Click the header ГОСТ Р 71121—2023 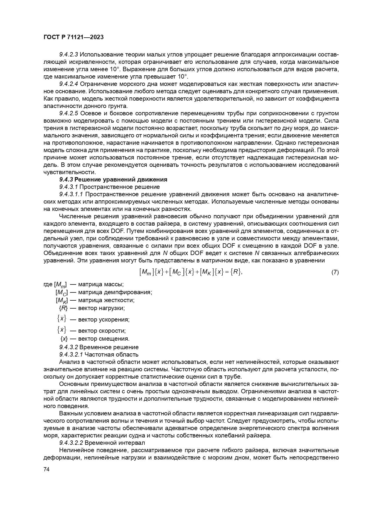74,37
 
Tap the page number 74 46,469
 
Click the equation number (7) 335,272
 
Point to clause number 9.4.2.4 68,84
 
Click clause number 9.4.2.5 68,113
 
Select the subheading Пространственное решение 119,187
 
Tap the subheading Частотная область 111,354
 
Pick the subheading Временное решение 109,347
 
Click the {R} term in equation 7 235,272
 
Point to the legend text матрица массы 101,284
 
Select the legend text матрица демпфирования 115,292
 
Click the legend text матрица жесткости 106,300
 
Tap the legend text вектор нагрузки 101,308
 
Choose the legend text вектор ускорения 104,319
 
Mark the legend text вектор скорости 102,331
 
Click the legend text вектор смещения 104,339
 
